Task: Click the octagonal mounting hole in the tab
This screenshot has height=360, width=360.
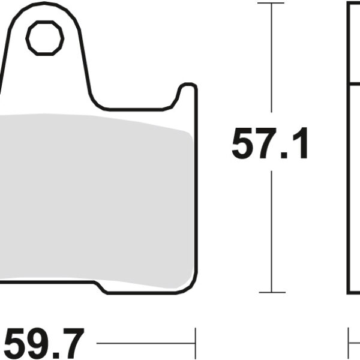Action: [45, 38]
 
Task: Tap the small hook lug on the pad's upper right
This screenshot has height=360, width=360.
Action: [187, 94]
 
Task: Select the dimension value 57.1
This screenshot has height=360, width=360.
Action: [270, 144]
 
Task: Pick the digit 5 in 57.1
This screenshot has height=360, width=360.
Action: [242, 144]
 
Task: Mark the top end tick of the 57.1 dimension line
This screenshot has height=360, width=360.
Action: [271, 3]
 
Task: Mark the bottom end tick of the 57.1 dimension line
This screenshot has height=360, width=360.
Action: [271, 293]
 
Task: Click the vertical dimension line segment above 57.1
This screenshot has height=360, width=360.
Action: [271, 60]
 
